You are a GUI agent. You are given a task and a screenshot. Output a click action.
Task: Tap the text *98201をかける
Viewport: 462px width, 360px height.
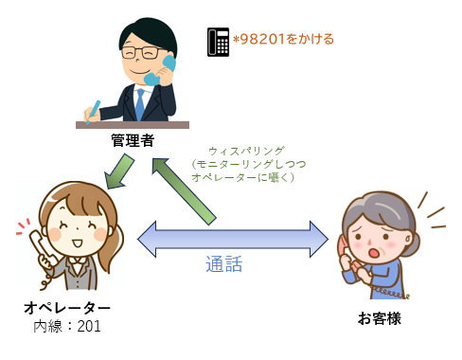(x=283, y=40)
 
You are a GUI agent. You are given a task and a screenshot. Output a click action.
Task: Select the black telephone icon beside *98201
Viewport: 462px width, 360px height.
(x=218, y=41)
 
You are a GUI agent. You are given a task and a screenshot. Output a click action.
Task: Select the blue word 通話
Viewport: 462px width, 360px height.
(x=224, y=264)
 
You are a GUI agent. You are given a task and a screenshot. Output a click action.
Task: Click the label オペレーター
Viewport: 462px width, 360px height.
(x=66, y=308)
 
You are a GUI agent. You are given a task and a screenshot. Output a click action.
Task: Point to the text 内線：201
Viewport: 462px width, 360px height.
(x=67, y=327)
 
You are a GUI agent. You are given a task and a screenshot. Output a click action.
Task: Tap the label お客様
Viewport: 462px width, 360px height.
(x=380, y=317)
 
